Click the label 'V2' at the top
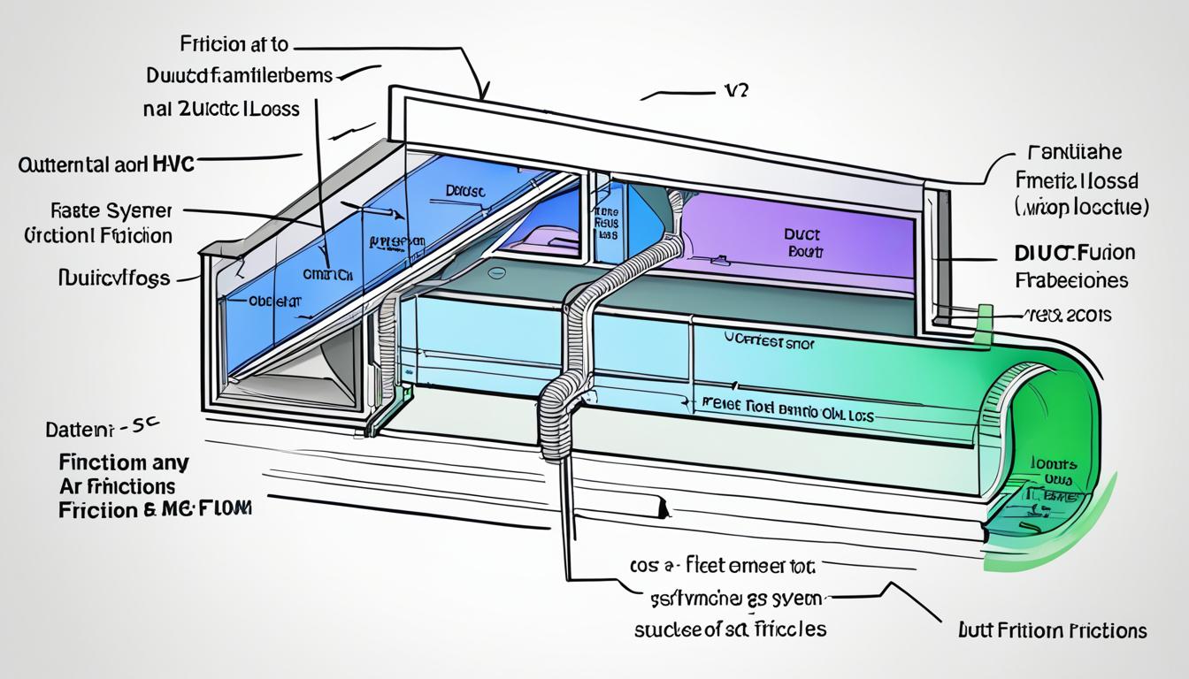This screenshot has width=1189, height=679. coord(734,92)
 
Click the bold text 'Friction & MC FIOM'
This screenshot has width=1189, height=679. coord(154,510)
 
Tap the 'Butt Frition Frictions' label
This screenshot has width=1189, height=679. coord(1052,629)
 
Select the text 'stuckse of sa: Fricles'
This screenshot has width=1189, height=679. coord(730,629)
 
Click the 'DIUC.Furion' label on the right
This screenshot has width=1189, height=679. coord(1071,253)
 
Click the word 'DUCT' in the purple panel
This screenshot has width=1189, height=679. coord(802,236)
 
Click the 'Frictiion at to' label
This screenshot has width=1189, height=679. coord(234,43)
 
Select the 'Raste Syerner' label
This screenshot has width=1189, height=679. coord(111,211)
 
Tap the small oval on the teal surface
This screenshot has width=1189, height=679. coord(499,275)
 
